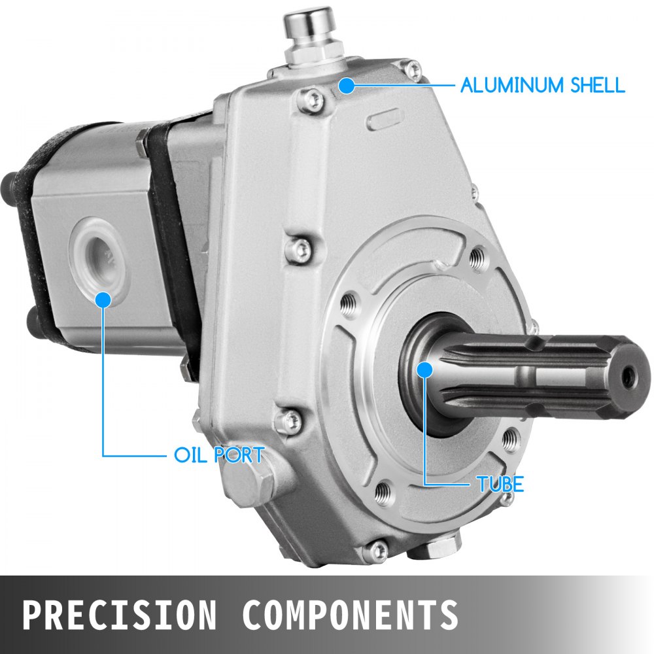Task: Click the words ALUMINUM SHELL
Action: (x=542, y=85)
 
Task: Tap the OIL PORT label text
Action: (x=219, y=455)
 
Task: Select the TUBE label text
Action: (x=500, y=485)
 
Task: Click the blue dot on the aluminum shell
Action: (x=347, y=86)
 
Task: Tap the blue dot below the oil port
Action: (x=103, y=300)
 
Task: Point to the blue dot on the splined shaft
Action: (x=424, y=370)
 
